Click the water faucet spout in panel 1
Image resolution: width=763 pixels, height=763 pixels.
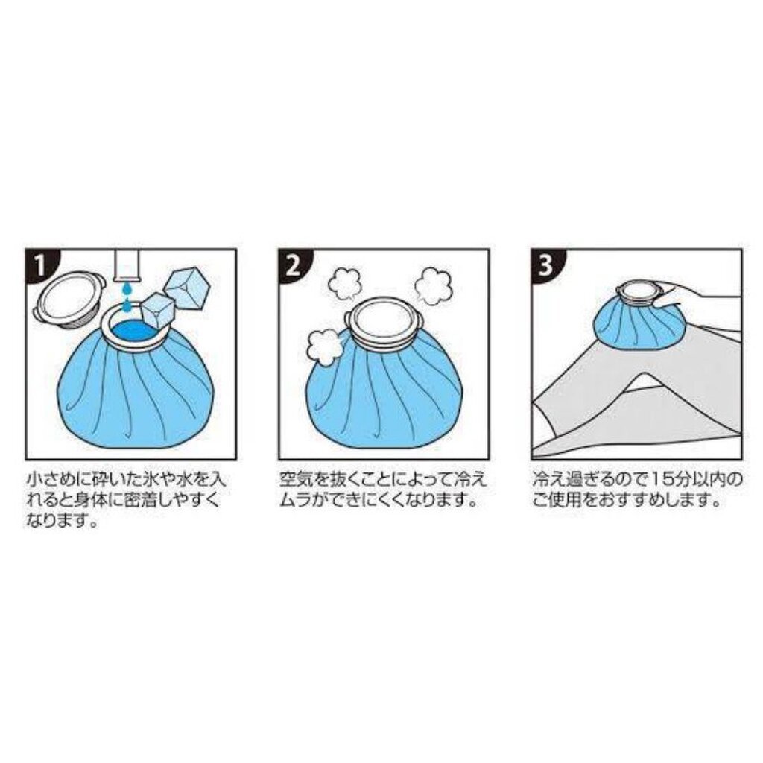pyautogui.click(x=127, y=266)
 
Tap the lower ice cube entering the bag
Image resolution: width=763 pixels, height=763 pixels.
pyautogui.click(x=157, y=311)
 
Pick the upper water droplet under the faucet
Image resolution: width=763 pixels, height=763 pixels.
pyautogui.click(x=127, y=289)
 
